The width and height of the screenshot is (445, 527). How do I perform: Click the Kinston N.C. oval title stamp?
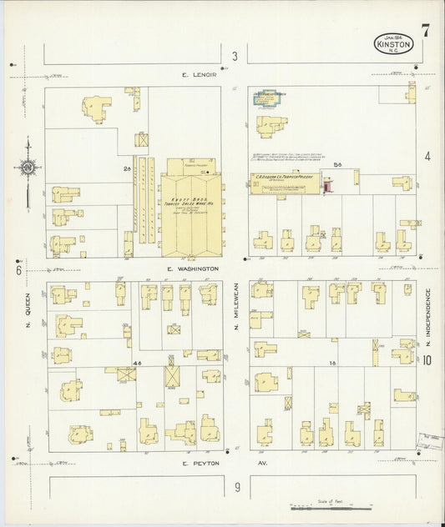[x=392, y=44]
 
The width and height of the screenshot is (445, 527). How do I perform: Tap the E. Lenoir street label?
[x=200, y=75]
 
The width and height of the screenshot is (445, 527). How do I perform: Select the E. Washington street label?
[x=193, y=269]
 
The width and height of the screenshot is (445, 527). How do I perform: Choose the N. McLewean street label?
[x=237, y=314]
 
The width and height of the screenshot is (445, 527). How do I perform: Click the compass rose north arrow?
[x=28, y=167]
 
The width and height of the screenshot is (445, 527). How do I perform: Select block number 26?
[x=128, y=168]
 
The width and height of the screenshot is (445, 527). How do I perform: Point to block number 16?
[x=332, y=363]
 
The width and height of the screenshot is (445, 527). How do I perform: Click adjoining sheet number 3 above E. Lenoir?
[x=235, y=57]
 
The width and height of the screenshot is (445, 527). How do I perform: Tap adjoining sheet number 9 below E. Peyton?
[x=236, y=487]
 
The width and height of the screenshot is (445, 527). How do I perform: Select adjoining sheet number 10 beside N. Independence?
[x=427, y=361]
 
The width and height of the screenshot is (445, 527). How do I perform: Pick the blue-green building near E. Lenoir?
[x=269, y=97]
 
